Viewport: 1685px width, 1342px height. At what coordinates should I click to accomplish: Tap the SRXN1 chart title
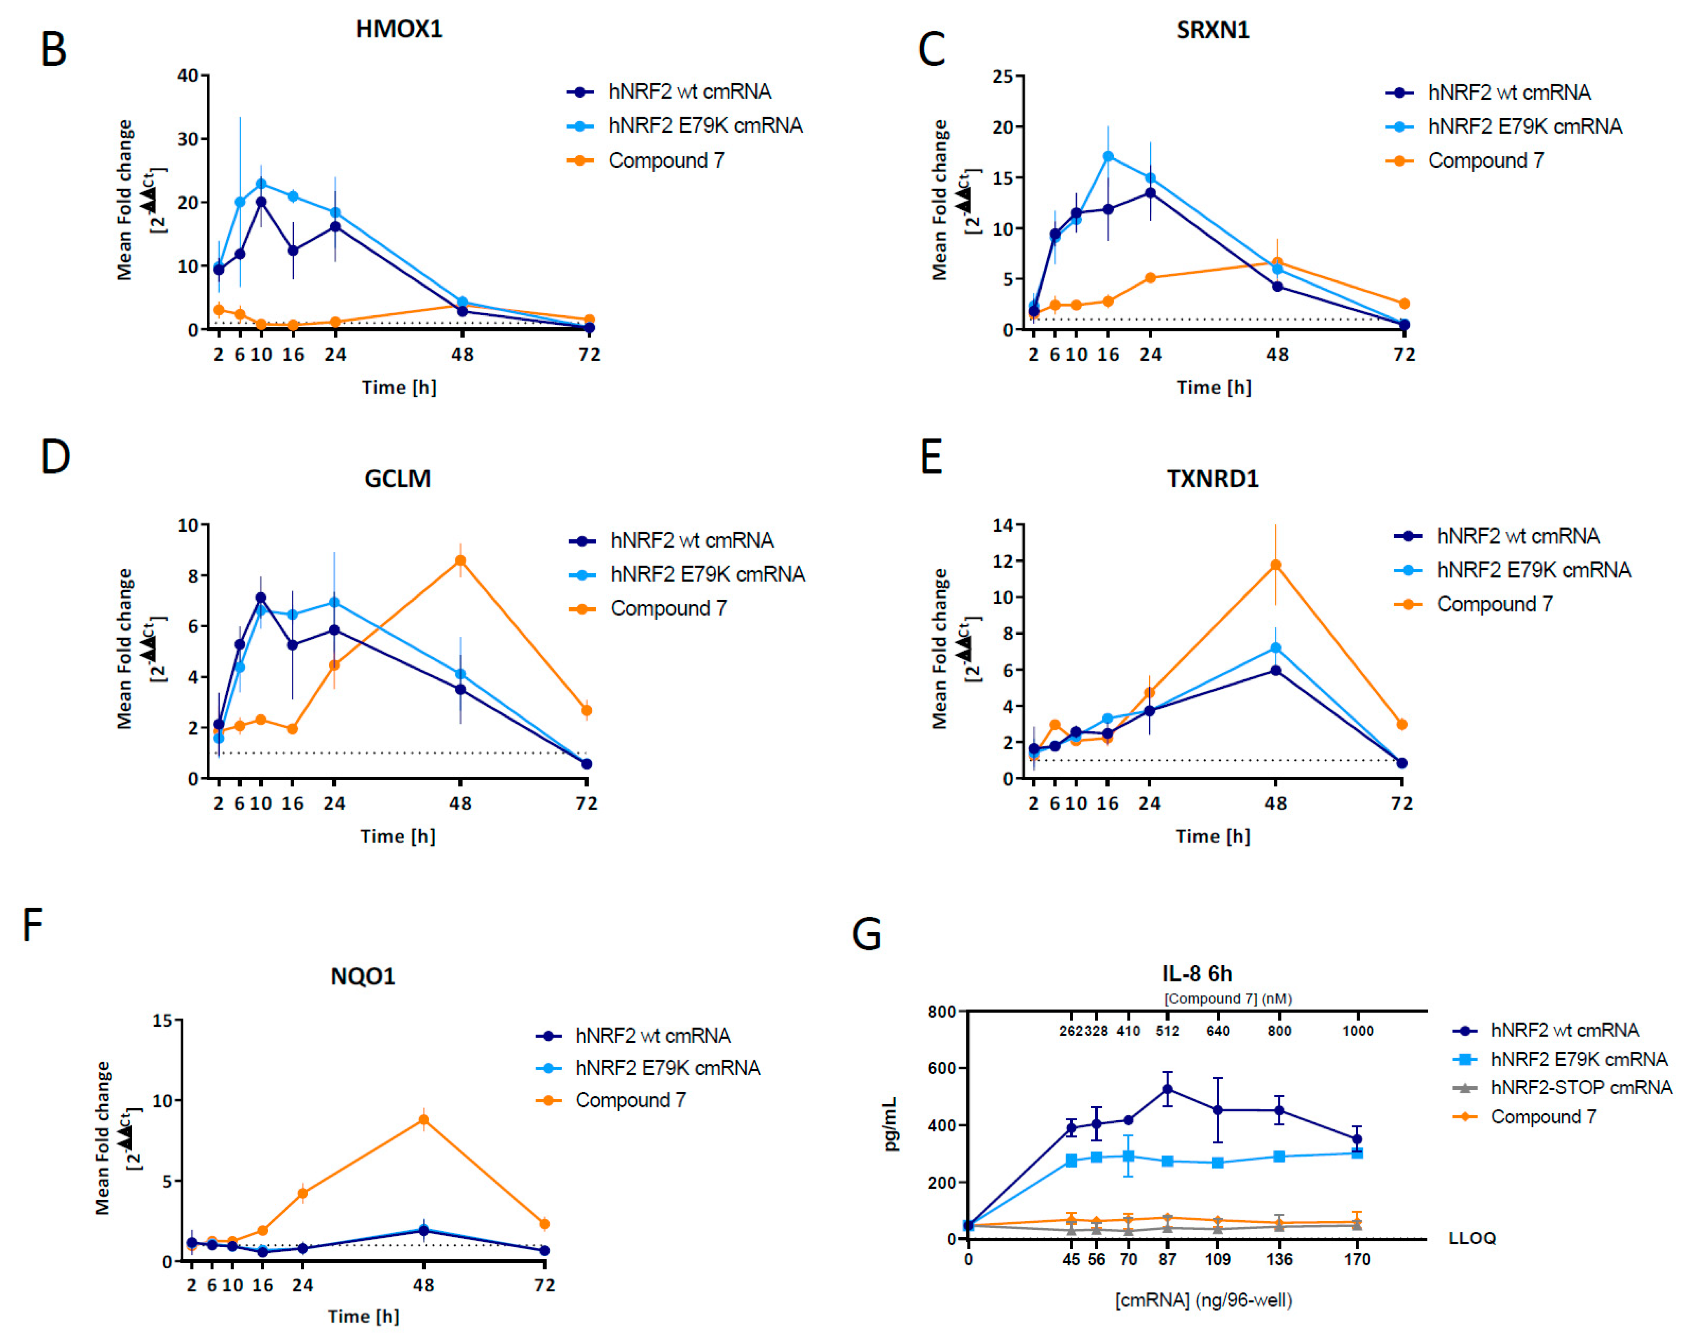tap(1212, 30)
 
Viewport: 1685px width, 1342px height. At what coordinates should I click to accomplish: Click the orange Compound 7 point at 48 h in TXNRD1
tap(1275, 565)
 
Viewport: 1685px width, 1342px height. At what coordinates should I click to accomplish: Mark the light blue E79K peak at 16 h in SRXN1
tap(1107, 156)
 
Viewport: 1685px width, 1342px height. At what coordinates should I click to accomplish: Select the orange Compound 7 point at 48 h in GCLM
tap(460, 561)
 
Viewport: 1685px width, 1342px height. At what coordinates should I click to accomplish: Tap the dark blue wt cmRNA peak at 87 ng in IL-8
tap(1167, 1089)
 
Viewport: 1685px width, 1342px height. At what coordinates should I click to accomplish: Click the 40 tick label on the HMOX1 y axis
tap(187, 76)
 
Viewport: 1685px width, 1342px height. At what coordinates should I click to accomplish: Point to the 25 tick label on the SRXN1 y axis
tap(1003, 77)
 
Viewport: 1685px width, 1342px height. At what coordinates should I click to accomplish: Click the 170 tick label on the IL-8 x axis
tap(1357, 1259)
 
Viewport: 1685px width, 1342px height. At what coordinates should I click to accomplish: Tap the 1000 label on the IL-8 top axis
tap(1357, 1031)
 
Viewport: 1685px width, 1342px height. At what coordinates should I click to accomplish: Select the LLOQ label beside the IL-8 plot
tap(1472, 1238)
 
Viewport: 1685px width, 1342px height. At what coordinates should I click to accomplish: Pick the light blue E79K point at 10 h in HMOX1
tap(261, 184)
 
